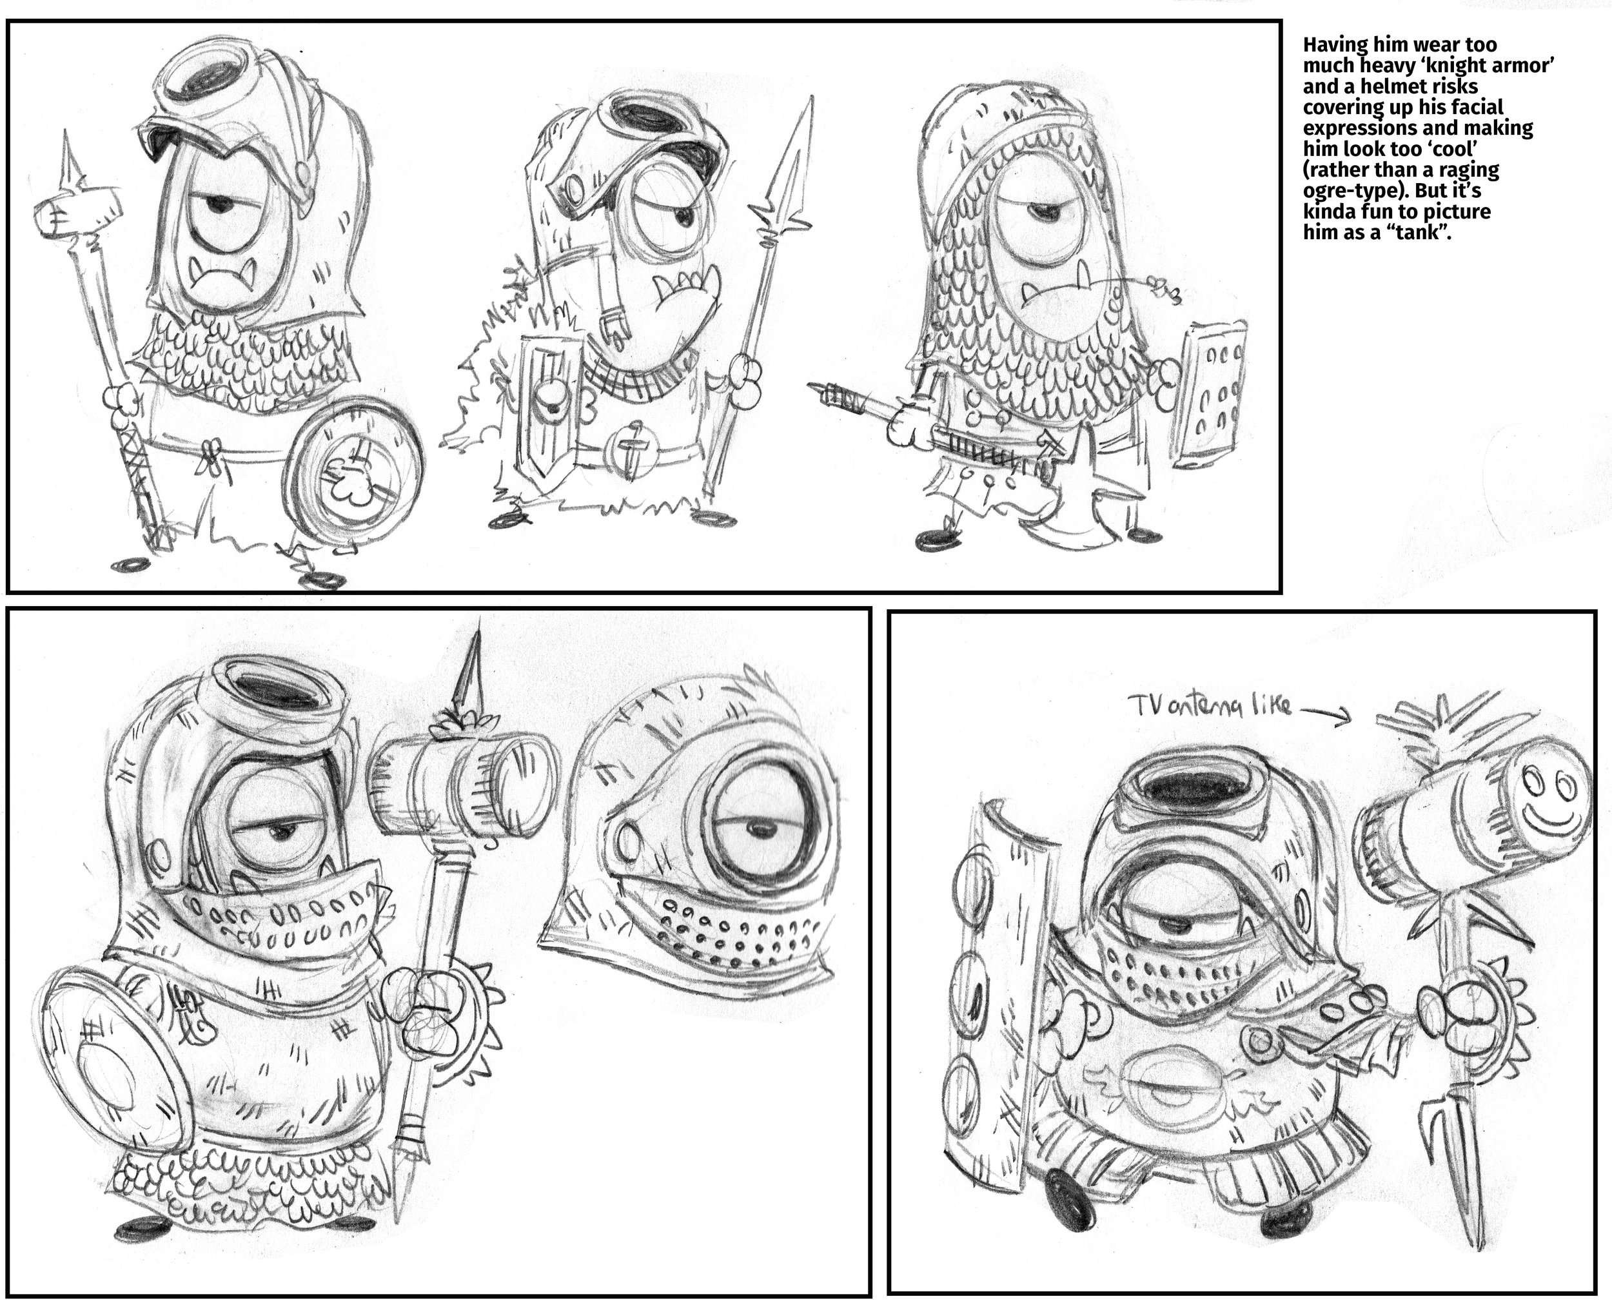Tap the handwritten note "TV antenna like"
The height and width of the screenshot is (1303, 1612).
[x=1210, y=706]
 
